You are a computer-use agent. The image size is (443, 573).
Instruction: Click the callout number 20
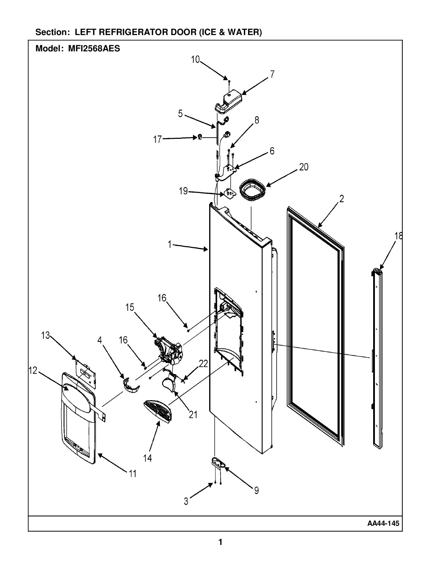click(303, 167)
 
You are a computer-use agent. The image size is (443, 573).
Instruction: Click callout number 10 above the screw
click(195, 59)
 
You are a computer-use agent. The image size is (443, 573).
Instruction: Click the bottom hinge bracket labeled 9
click(219, 463)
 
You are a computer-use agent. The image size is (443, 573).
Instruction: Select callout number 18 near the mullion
click(398, 236)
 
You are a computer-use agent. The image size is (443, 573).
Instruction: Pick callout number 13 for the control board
click(45, 335)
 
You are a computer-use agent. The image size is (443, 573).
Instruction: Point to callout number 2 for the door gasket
click(342, 199)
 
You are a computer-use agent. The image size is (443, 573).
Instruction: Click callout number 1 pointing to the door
click(170, 245)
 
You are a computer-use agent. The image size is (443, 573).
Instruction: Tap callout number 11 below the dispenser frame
click(132, 473)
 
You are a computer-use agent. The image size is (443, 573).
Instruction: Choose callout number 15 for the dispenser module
click(130, 307)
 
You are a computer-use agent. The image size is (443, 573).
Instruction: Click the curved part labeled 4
click(130, 386)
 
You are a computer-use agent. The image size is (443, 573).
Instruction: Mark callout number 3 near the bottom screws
click(186, 502)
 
